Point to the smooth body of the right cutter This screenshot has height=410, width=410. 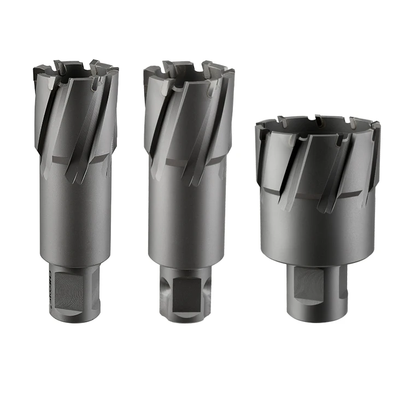point(317,230)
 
